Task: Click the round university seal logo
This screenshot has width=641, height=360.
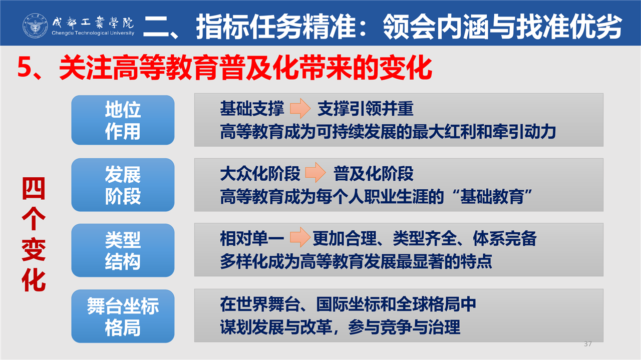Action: click(35, 26)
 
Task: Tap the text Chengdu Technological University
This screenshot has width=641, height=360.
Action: click(93, 33)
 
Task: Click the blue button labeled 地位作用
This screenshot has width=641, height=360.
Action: click(123, 120)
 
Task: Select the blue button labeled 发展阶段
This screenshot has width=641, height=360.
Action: click(123, 185)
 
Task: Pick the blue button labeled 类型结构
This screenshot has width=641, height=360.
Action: click(123, 250)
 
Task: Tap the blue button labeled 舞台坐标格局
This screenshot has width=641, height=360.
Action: click(123, 316)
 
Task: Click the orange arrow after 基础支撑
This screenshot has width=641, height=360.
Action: click(300, 109)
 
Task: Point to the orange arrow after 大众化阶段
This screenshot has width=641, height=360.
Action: click(315, 173)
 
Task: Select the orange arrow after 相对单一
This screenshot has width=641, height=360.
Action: click(300, 237)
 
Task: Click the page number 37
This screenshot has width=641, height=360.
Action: click(588, 343)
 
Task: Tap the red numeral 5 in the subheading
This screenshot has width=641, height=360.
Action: click(24, 67)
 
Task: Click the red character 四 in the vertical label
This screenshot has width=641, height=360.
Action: click(34, 188)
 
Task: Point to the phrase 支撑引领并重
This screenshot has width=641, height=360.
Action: click(366, 109)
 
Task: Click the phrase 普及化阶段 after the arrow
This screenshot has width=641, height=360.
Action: click(374, 174)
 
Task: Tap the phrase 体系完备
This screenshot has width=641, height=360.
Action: click(504, 238)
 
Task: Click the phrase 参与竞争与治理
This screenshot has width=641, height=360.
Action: click(404, 327)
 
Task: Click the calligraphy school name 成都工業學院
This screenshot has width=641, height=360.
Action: click(93, 22)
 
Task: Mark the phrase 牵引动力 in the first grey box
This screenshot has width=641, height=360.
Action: click(524, 132)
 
